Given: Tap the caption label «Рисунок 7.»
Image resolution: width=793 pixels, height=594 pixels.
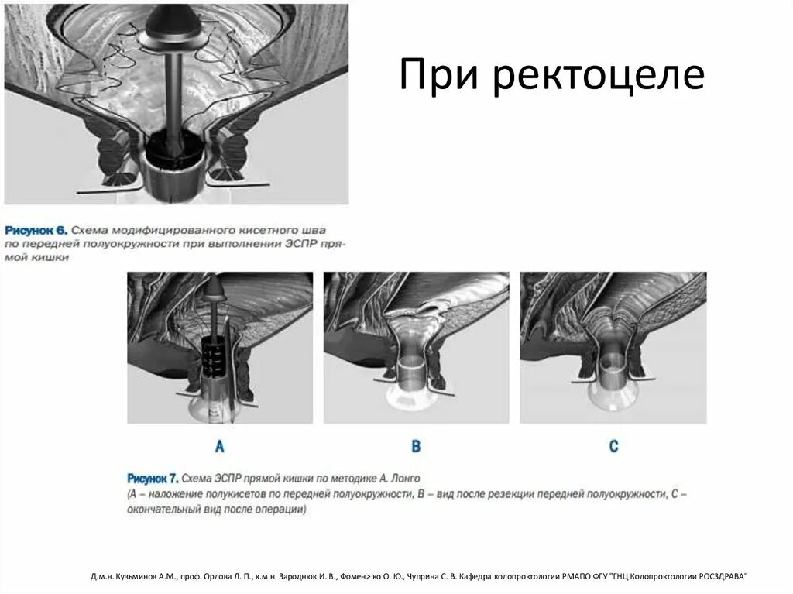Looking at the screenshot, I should (159, 478).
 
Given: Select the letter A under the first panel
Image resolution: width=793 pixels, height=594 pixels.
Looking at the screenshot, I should (219, 446).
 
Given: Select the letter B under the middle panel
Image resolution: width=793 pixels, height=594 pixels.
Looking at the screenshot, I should (416, 446).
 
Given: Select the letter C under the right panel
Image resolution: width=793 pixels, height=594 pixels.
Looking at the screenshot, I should (613, 446).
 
